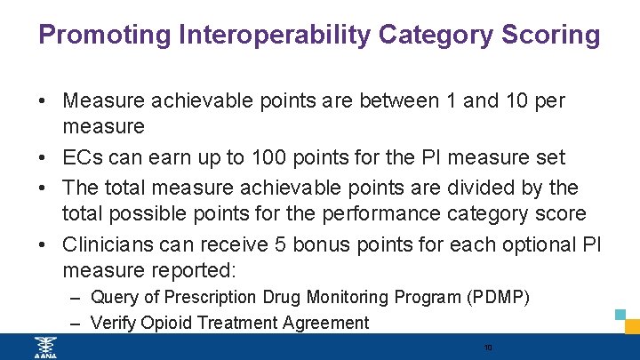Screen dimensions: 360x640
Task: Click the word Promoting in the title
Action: [105, 36]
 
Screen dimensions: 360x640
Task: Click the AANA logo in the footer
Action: [42, 347]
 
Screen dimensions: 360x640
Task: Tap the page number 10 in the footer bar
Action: [487, 347]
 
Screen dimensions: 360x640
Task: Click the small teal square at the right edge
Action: [621, 314]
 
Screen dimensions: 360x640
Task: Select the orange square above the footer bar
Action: [632, 327]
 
